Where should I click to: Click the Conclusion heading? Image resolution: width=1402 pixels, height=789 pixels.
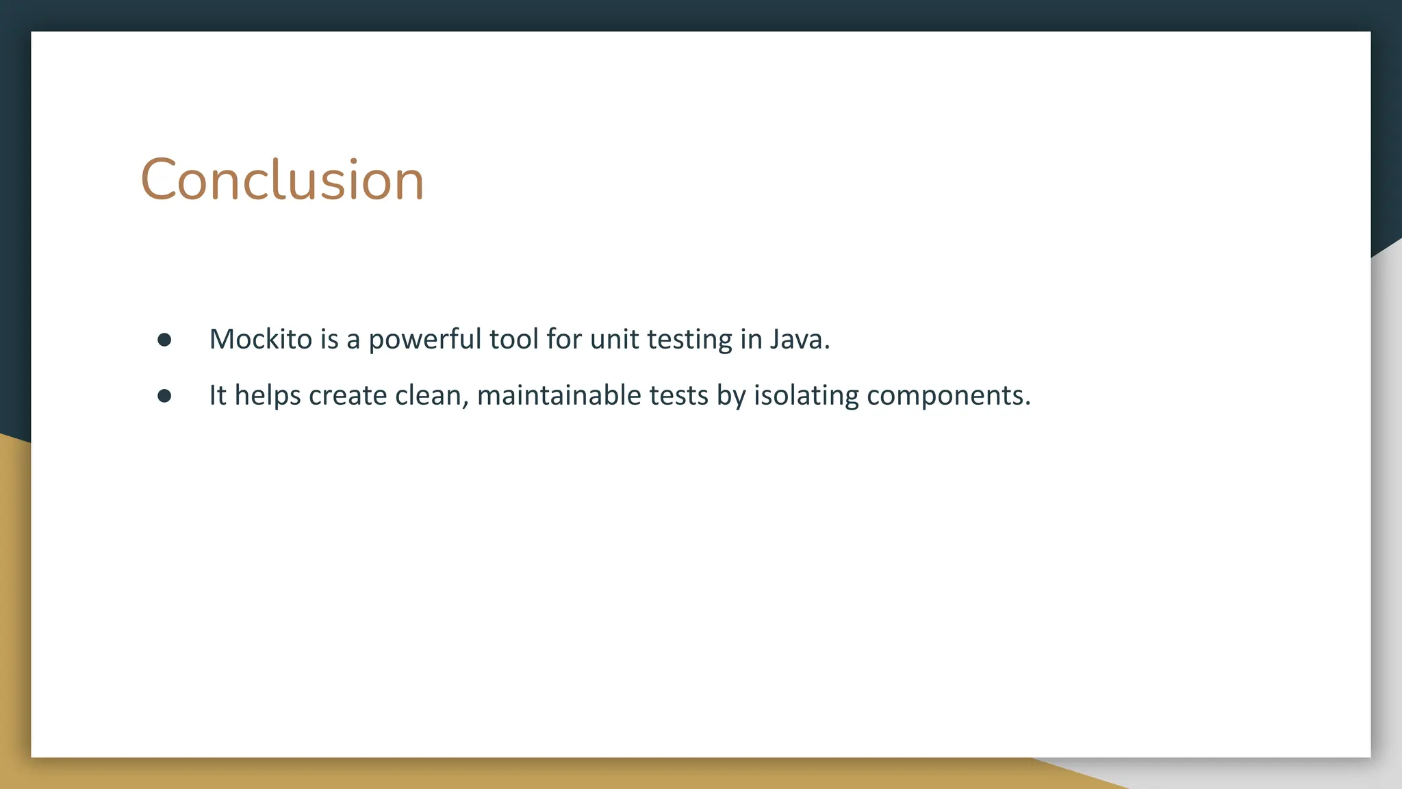[x=282, y=180]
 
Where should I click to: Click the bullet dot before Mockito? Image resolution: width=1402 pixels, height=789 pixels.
[x=164, y=340]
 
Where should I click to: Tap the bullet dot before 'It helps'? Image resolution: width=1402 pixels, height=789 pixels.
[x=164, y=396]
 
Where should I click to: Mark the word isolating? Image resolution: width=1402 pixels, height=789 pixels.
[x=806, y=396]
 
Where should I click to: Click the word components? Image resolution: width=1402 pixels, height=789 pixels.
[x=948, y=397]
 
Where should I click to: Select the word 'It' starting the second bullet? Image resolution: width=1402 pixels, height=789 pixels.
[x=217, y=396]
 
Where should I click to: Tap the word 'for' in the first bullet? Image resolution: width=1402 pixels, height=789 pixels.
[x=563, y=339]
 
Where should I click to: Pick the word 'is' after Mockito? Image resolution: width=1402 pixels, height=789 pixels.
[x=329, y=339]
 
